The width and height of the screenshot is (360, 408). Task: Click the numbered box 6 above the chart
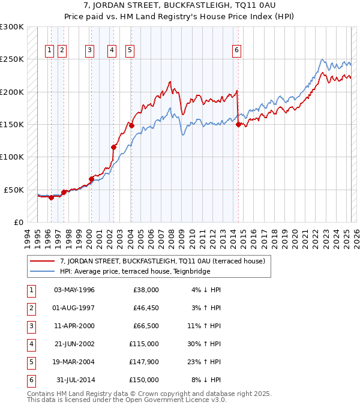click(237, 50)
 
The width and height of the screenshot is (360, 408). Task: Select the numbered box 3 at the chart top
click(89, 50)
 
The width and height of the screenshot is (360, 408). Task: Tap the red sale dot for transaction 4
click(113, 147)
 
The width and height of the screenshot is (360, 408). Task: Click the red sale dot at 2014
click(238, 125)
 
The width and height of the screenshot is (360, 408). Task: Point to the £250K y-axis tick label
click(12, 59)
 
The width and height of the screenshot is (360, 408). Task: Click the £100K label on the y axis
click(12, 157)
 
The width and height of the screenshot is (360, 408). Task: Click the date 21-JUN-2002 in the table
click(74, 344)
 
